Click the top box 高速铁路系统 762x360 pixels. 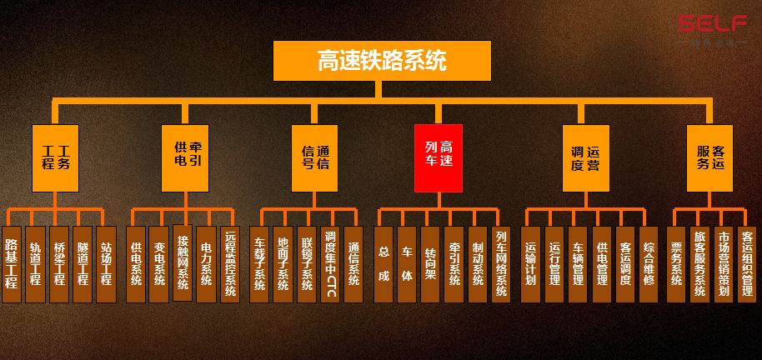(382, 61)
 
